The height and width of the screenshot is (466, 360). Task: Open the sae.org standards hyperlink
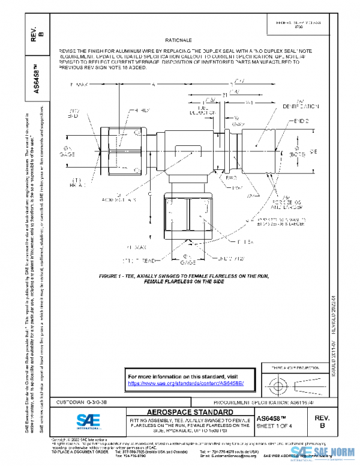pyautogui.click(x=185, y=383)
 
